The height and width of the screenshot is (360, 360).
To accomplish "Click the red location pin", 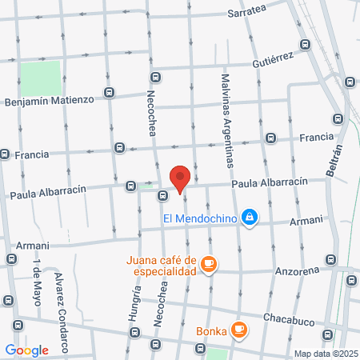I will (x=180, y=177).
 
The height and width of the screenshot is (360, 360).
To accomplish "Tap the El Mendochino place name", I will (x=200, y=216).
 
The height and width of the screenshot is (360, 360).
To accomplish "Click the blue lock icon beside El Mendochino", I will (x=250, y=216).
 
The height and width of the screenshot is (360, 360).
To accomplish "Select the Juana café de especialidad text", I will (x=161, y=265).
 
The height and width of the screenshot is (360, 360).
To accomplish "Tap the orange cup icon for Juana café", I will (x=209, y=263).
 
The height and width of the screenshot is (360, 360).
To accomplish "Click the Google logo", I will (x=27, y=350).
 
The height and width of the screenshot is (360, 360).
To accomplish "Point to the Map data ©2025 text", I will (x=324, y=354).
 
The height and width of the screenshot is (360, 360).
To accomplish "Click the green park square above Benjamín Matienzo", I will (x=40, y=77).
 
